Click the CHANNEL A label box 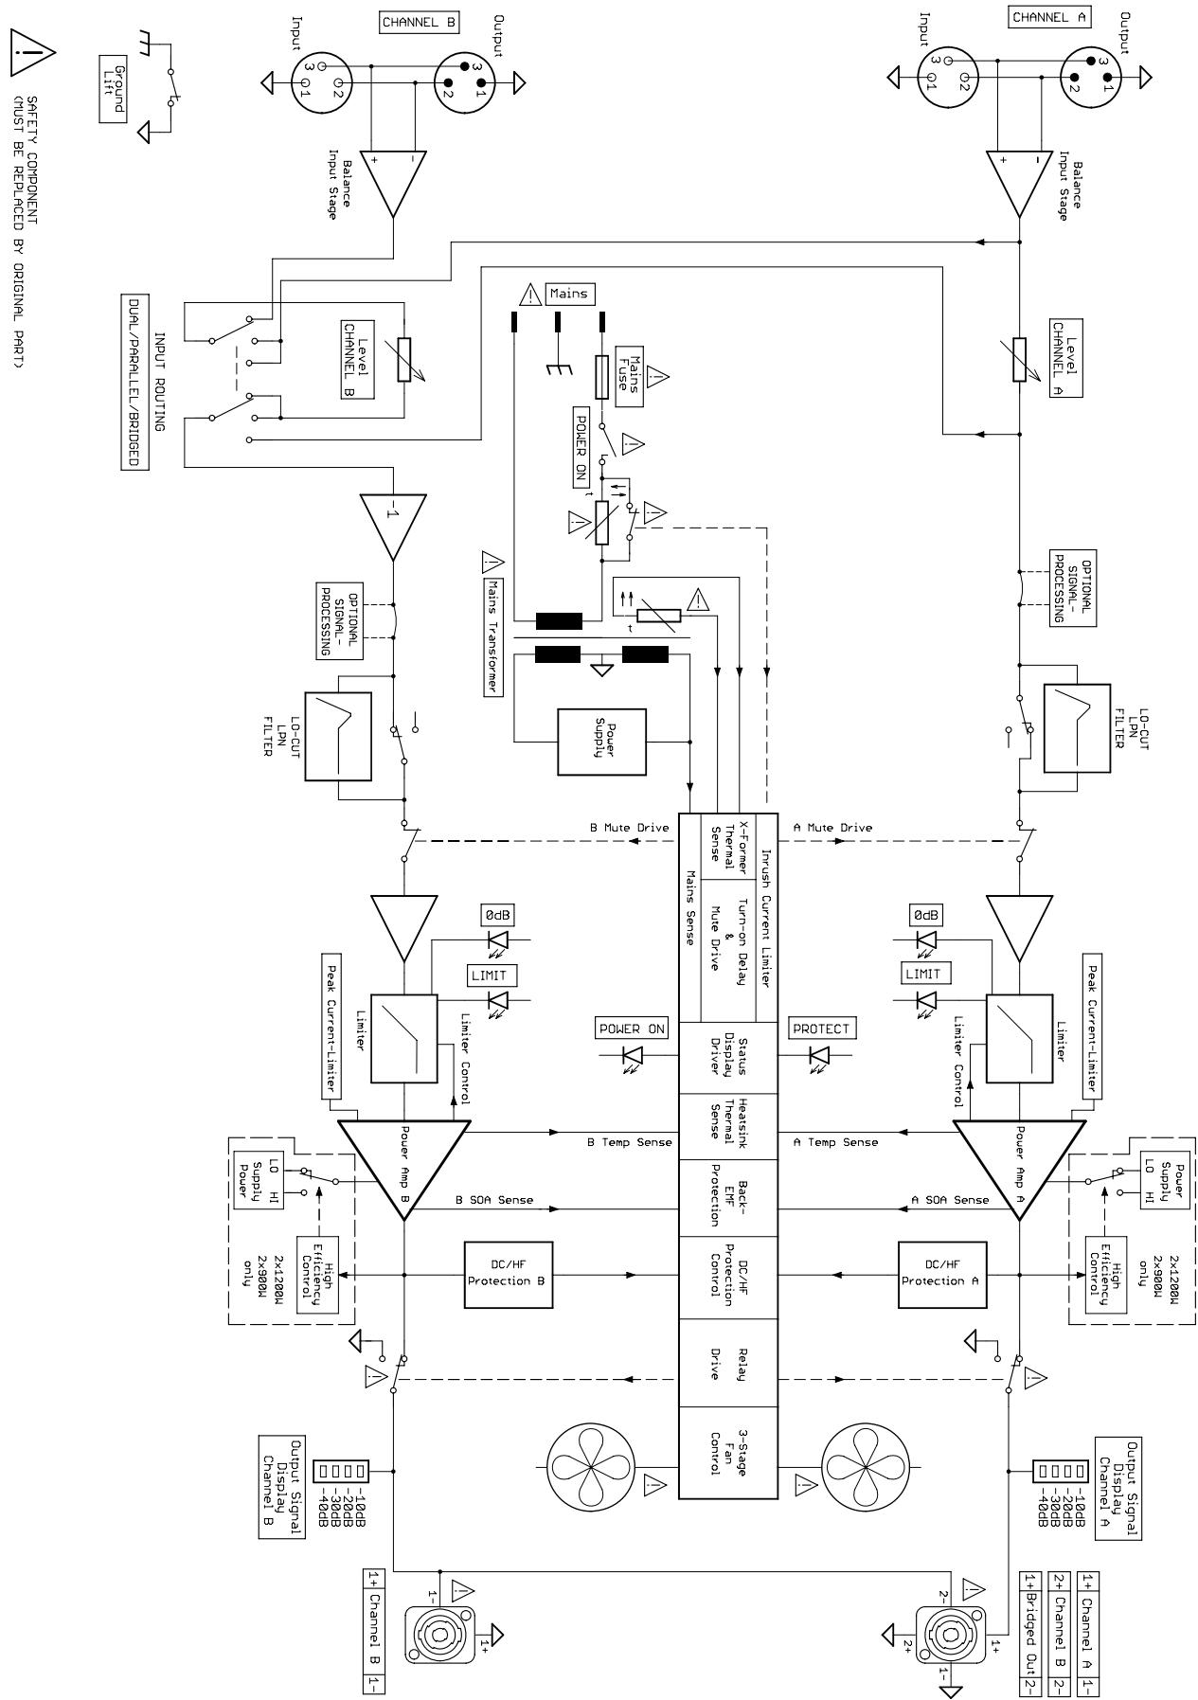tap(1051, 17)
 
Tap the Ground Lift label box tap(114, 88)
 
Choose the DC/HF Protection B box tap(509, 1274)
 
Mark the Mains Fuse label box tap(628, 375)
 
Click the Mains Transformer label tap(492, 625)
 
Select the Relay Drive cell tap(729, 1364)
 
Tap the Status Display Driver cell tap(729, 1056)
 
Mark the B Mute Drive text tap(629, 828)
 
